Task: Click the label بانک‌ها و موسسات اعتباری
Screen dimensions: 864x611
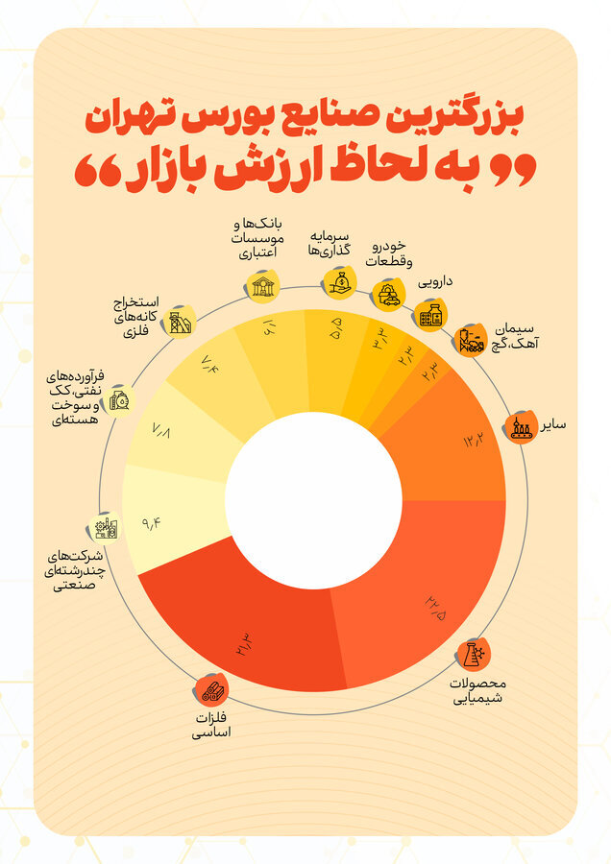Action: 257,239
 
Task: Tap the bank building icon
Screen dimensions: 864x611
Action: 260,286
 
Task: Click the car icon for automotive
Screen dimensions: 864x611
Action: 388,295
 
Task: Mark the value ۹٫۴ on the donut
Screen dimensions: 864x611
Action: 152,524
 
